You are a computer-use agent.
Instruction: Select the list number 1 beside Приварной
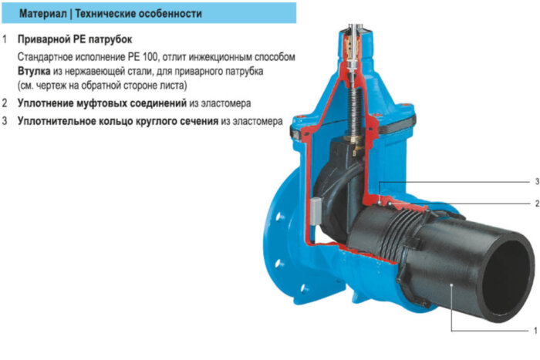coord(5,38)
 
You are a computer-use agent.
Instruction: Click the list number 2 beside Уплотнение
coord(5,103)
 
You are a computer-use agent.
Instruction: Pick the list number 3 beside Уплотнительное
coord(5,121)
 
